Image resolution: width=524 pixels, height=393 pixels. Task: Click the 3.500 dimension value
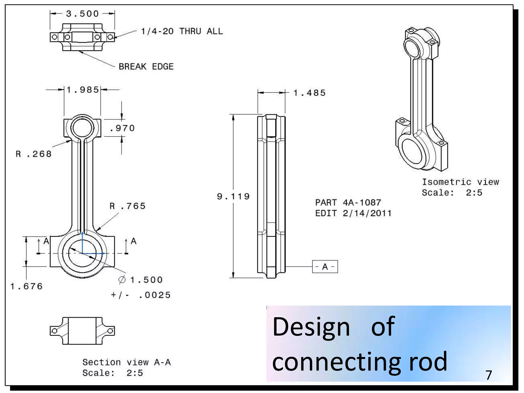click(82, 14)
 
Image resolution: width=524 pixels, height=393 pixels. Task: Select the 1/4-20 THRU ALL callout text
click(182, 31)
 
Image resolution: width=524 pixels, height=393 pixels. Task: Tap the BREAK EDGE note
click(146, 67)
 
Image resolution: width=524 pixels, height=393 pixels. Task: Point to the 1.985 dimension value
click(83, 90)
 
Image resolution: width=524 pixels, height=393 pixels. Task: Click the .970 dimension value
click(122, 128)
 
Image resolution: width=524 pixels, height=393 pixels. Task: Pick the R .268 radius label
click(34, 154)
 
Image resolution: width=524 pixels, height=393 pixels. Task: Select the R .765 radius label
click(127, 206)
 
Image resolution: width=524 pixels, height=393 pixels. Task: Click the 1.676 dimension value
click(26, 286)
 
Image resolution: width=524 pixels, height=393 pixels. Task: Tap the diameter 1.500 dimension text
click(141, 280)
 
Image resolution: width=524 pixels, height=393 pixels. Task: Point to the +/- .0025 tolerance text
click(141, 295)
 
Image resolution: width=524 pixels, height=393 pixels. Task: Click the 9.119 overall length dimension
click(233, 196)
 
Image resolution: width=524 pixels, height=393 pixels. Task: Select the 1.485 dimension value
click(309, 93)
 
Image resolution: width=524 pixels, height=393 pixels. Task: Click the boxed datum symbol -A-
click(325, 267)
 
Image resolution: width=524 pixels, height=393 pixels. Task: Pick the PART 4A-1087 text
click(348, 203)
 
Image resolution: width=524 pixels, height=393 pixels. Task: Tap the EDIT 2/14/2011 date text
click(353, 213)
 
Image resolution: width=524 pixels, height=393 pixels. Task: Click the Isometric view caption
click(460, 182)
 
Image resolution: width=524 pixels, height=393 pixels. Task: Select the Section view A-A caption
click(126, 362)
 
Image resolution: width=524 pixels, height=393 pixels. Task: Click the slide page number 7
click(489, 375)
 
